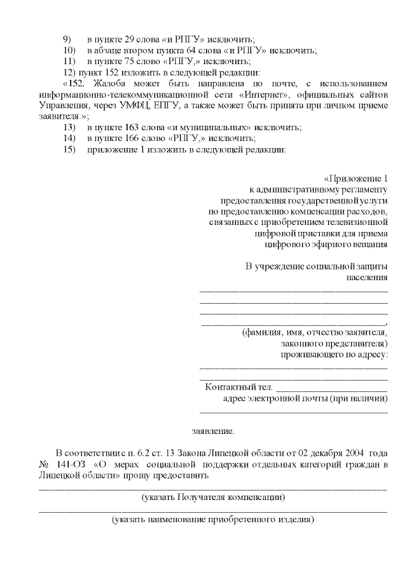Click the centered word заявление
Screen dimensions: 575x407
coord(213,431)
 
